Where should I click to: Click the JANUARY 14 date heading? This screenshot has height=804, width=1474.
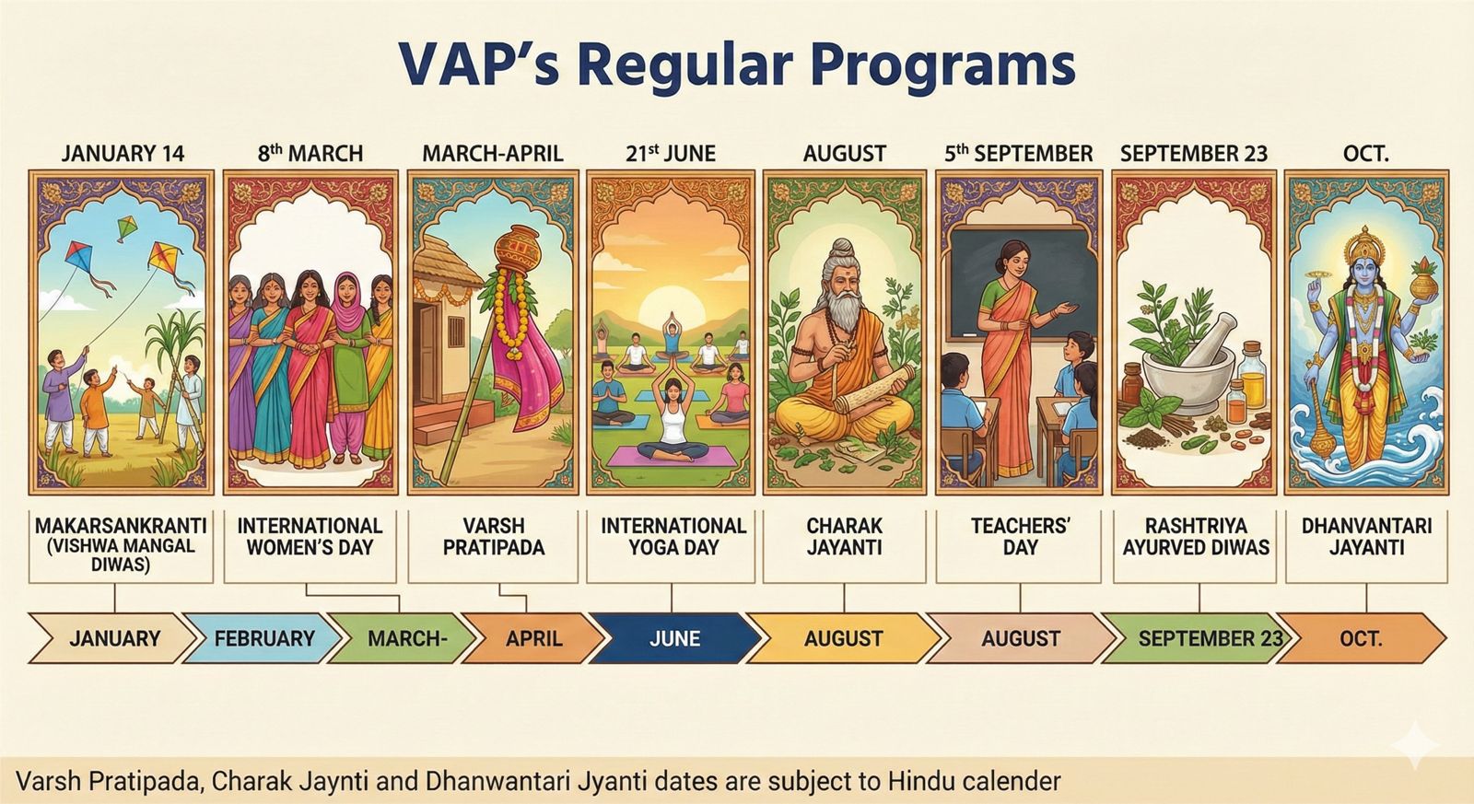tap(123, 153)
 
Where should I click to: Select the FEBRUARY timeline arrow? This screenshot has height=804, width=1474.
tap(263, 638)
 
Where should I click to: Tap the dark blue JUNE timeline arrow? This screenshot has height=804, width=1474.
tap(674, 638)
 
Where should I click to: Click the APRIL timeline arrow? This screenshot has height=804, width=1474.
tap(532, 638)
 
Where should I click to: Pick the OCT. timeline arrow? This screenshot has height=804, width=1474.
tap(1361, 638)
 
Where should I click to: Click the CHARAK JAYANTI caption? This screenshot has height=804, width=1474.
tap(844, 537)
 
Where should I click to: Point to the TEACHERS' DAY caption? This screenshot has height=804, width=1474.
tap(1020, 537)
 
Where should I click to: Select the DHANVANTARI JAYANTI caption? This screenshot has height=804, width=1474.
tap(1366, 537)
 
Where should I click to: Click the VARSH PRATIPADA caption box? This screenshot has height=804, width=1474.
tap(493, 547)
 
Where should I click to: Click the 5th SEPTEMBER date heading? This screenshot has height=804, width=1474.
tap(1019, 153)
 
